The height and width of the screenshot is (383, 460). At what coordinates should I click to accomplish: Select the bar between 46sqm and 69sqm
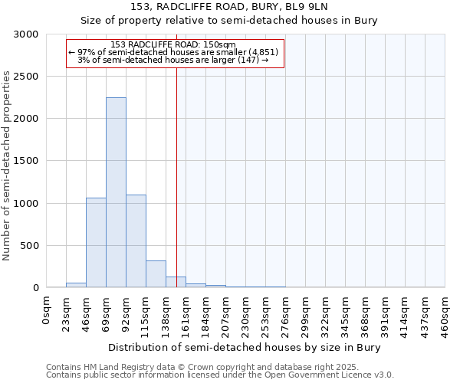pos(96,243)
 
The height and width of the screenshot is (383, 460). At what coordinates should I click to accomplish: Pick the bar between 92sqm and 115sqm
pos(136,241)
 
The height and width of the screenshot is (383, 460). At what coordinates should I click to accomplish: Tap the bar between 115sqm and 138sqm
pos(156,274)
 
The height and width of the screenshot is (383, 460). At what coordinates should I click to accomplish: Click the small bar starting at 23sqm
pos(76,285)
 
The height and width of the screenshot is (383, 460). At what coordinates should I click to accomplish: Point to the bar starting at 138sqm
pos(176,282)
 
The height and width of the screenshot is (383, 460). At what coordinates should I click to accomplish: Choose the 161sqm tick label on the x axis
pos(186,313)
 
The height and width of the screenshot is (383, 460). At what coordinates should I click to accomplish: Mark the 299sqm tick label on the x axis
pos(306,313)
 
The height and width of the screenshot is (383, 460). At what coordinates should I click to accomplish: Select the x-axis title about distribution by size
pos(245,347)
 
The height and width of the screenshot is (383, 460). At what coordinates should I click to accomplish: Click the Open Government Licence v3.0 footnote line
pos(220,375)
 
